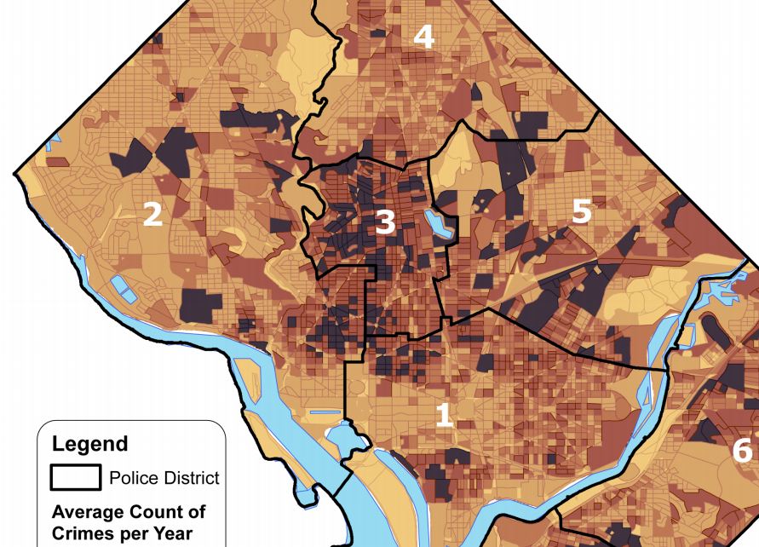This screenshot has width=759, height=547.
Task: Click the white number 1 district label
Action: [x=444, y=415]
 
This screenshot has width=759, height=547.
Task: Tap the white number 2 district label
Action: [x=152, y=214]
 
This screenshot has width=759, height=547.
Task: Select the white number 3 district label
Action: [x=385, y=222]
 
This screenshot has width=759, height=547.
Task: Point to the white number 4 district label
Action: [x=423, y=37]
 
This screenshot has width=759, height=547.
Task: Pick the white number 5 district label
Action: [x=581, y=210]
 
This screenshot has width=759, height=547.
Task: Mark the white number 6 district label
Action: [x=742, y=450]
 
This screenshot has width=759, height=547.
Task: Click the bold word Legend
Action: [x=89, y=444]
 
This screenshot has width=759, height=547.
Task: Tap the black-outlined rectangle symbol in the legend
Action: [x=75, y=477]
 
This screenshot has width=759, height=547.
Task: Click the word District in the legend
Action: [x=191, y=478]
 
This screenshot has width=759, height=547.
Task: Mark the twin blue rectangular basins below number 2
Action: [x=124, y=287]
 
